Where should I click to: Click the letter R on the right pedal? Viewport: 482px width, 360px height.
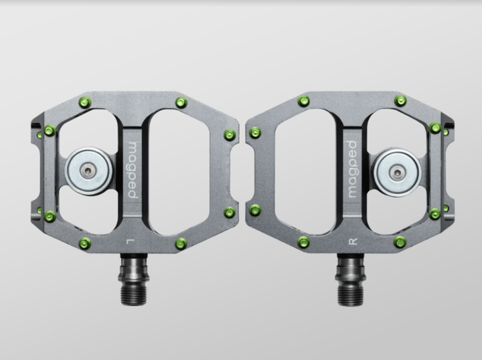tap(352, 239)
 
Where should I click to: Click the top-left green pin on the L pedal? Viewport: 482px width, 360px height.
tap(84, 102)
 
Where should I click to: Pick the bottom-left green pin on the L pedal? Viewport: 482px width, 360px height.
tap(84, 242)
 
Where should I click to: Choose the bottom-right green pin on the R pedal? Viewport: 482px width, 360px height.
tap(400, 242)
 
